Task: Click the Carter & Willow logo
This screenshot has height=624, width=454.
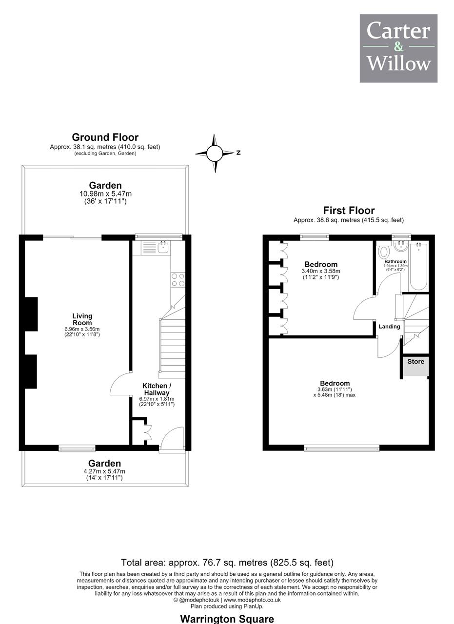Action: pos(398,48)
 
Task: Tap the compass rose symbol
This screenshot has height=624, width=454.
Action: pos(214,153)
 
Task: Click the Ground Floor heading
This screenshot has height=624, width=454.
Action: pos(105,137)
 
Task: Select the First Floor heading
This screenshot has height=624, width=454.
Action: pos(349,210)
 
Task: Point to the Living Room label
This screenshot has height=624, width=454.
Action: pos(82,319)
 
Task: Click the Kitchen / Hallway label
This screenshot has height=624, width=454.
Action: pos(157,389)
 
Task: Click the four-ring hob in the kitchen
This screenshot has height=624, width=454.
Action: pos(178,280)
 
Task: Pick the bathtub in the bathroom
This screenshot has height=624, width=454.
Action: pos(418,266)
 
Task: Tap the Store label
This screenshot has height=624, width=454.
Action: pos(415,361)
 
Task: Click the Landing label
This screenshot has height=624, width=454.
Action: pos(389,327)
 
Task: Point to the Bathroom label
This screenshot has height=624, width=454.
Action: pos(395,262)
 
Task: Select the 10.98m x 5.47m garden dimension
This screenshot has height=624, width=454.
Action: pos(105,194)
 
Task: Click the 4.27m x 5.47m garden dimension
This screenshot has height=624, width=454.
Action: pos(104,471)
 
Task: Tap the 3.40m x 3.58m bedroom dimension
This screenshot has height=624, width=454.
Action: pos(321,271)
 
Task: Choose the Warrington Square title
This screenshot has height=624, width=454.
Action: pos(227,619)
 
